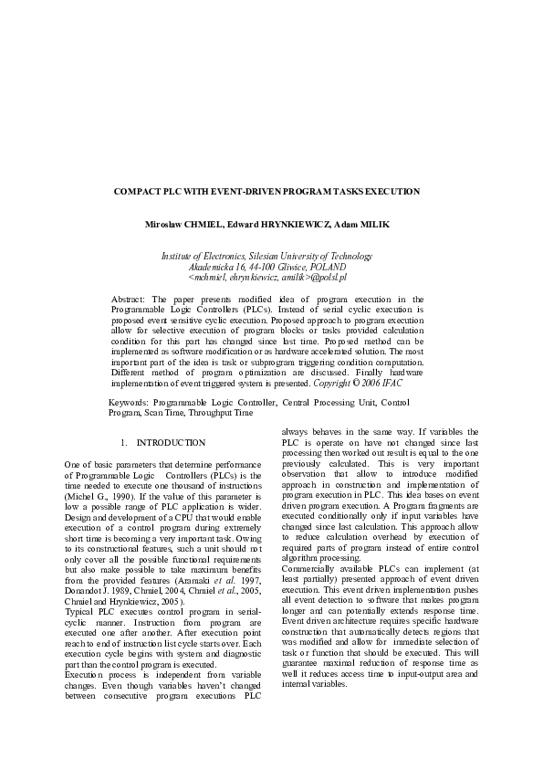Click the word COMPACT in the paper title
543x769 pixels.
pyautogui.click(x=135, y=192)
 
